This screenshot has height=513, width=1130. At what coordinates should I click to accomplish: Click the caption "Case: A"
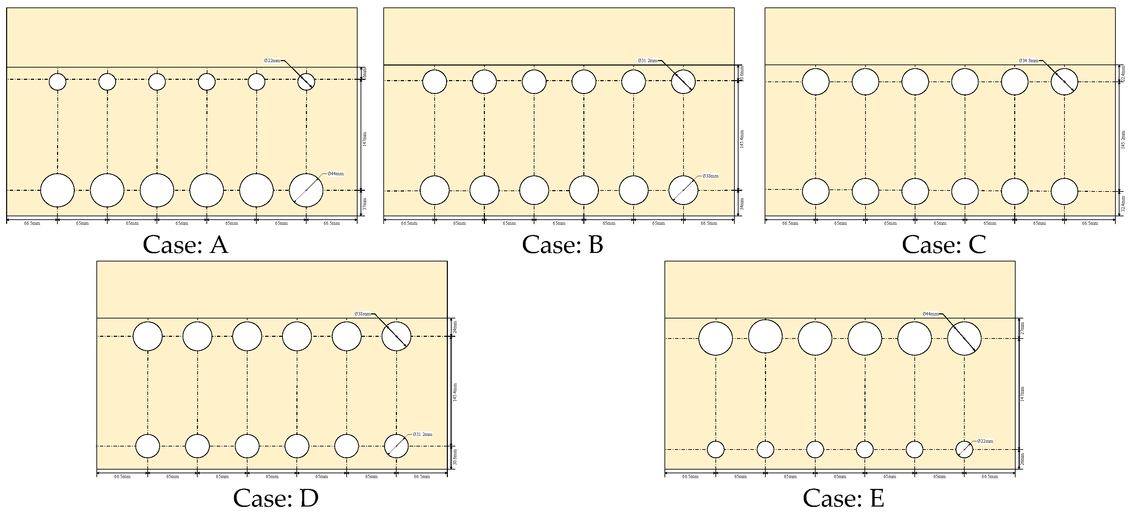click(185, 244)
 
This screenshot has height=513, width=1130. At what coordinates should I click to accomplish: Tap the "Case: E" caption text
click(843, 498)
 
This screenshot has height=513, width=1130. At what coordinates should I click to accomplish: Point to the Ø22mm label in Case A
click(272, 60)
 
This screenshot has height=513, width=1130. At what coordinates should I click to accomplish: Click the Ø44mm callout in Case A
click(335, 173)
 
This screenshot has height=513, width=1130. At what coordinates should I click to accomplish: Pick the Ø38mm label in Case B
click(710, 176)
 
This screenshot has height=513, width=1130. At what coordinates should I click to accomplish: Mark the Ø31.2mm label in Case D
click(422, 434)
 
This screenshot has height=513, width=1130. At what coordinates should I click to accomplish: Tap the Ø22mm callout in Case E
click(985, 441)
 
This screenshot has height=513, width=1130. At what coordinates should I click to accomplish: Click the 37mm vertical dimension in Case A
click(365, 203)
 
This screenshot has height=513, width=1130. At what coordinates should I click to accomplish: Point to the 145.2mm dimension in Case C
click(1123, 140)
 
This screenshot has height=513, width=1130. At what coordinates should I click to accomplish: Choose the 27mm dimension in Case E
click(1022, 328)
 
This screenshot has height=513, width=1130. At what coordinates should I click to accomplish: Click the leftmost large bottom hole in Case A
click(57, 190)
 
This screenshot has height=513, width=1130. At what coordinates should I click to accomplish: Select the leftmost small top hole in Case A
click(57, 81)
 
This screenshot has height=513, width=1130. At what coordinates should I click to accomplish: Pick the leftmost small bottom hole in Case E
click(715, 450)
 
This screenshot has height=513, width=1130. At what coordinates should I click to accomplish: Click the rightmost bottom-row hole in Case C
click(1064, 191)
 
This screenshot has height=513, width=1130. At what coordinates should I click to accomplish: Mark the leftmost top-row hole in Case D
click(148, 336)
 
